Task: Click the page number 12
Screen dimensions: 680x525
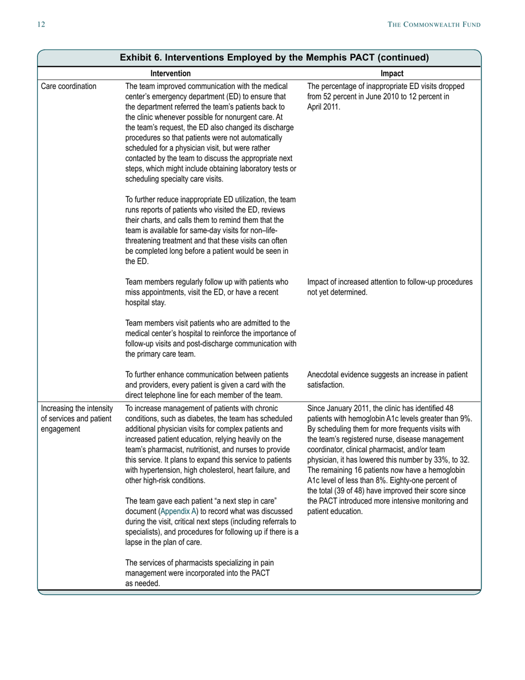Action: (41, 24)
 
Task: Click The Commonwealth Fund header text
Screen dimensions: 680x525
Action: (434, 24)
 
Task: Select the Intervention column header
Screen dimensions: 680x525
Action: (171, 74)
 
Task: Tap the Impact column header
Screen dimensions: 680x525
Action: (392, 74)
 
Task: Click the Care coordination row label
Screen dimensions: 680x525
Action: (69, 86)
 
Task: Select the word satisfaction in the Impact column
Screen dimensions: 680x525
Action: (326, 385)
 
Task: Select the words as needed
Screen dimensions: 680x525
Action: (143, 583)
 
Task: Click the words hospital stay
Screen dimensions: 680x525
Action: (145, 302)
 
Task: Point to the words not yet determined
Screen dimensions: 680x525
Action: (337, 292)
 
